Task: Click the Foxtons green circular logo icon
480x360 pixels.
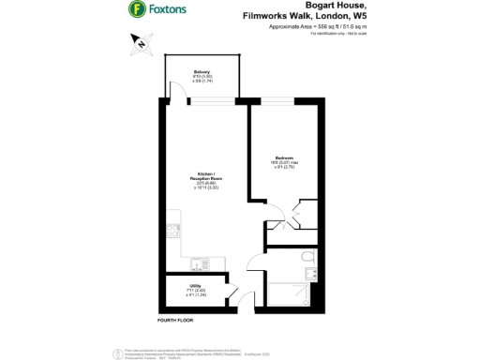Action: point(137,11)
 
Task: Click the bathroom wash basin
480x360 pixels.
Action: point(279,272)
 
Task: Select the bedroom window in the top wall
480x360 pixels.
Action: point(277,98)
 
